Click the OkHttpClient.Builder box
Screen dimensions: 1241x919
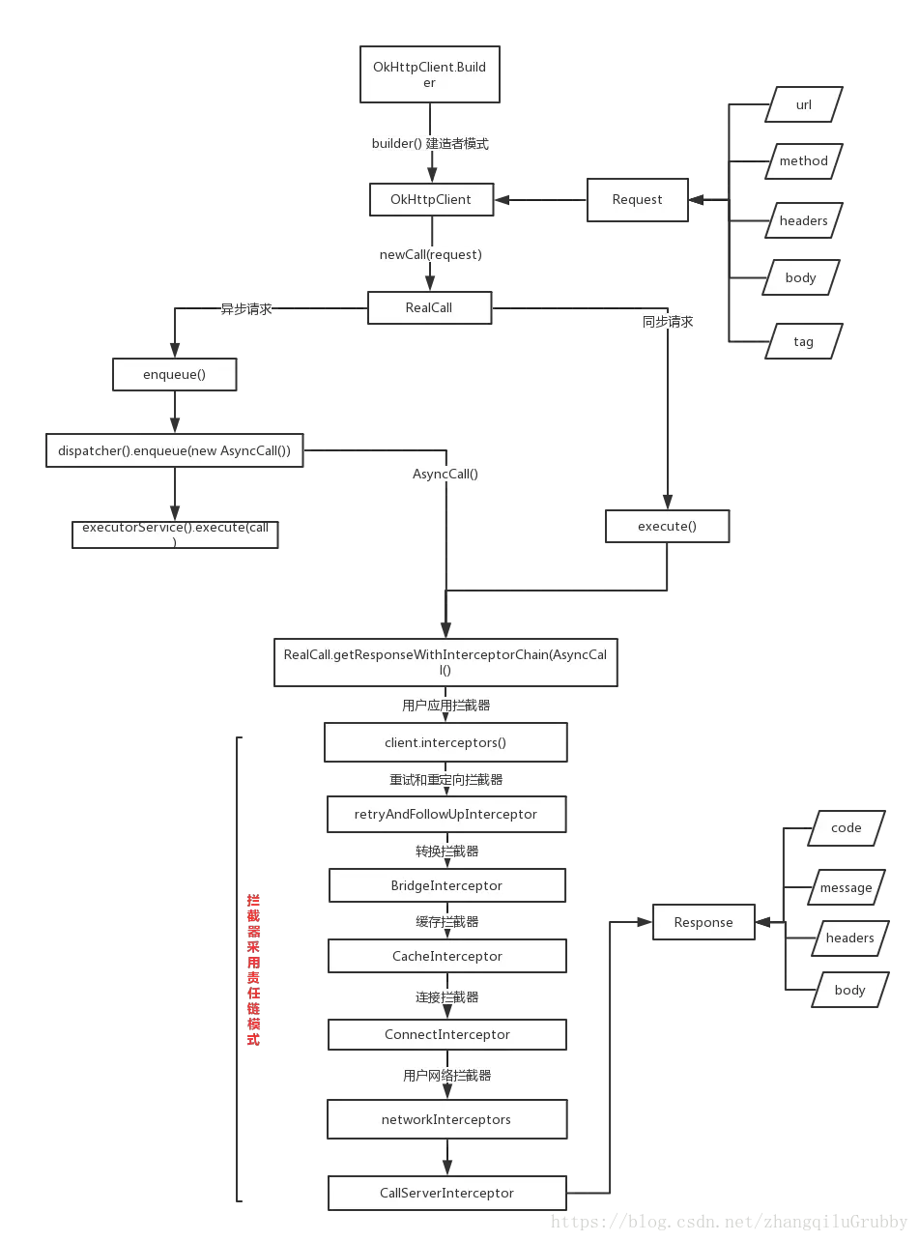(430, 74)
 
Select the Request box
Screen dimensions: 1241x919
(638, 200)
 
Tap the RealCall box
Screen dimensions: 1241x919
(429, 307)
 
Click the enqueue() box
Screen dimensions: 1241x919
(175, 375)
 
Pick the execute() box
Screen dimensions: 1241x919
(667, 527)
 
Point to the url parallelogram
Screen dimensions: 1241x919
(804, 105)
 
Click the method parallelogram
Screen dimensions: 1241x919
(804, 161)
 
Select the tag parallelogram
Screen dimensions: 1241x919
(804, 342)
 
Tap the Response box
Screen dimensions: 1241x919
(704, 922)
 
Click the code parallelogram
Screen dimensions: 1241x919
(847, 828)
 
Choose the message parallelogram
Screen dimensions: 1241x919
(847, 888)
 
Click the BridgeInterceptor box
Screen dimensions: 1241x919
(446, 885)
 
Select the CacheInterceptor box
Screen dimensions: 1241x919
(446, 956)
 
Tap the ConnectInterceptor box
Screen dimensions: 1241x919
(446, 1034)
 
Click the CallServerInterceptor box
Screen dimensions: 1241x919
(446, 1193)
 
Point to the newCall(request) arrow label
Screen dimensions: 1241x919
(431, 253)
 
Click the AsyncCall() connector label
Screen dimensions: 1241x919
(445, 475)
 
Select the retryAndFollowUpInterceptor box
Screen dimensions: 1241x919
(446, 814)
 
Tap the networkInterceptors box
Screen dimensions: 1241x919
(446, 1119)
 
